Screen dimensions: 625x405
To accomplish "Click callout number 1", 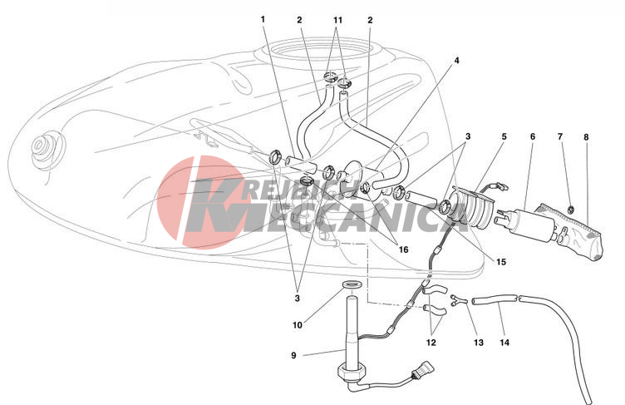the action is [263, 19].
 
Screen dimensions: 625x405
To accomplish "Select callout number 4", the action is [457, 61].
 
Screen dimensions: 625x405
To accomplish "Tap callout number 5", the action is [504, 137].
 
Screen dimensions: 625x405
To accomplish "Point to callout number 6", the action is [533, 137].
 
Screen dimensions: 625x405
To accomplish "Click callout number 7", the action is [560, 137].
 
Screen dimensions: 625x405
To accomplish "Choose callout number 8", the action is [586, 137].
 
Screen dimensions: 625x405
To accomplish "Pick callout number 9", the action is [293, 355].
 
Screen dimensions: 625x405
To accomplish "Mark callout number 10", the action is [298, 325].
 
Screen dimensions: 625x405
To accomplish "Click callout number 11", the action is [337, 20].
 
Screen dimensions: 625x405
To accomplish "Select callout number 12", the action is [431, 343].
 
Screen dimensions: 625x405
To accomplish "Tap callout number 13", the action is [479, 343].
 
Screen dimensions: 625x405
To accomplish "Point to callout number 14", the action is [504, 343].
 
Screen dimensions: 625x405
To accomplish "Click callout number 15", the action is [501, 262].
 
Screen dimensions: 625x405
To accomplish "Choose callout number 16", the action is [403, 249].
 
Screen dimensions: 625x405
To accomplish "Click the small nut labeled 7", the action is [570, 208].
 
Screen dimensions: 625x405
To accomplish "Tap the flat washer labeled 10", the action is [352, 284].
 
